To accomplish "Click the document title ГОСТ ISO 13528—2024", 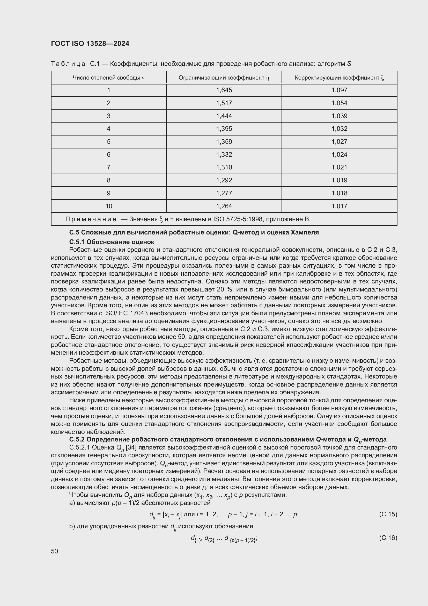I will (x=90, y=44).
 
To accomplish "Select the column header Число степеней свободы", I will (x=108, y=78).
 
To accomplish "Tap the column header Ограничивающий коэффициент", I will (x=224, y=78).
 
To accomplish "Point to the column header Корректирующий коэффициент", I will (x=339, y=78).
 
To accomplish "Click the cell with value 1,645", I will (x=224, y=90).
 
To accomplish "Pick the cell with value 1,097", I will (x=340, y=90).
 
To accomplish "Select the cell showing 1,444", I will (x=224, y=116).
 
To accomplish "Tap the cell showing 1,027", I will (x=340, y=142).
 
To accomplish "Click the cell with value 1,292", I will (x=224, y=180).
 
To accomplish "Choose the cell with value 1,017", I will (x=340, y=206).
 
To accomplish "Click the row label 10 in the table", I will (x=109, y=206).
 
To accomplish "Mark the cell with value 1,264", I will (x=224, y=206).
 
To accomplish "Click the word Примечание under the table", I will (x=91, y=219).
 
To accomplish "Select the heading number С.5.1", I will (x=77, y=242).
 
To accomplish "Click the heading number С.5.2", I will (x=77, y=439).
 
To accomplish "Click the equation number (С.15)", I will (x=388, y=514).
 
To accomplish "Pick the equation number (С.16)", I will (x=388, y=538).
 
